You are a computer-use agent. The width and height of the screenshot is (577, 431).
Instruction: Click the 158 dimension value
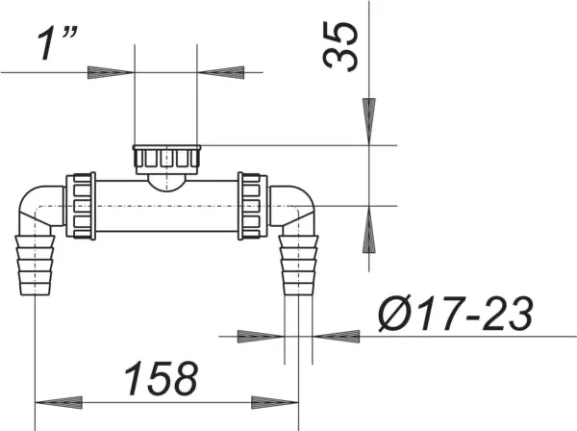162,378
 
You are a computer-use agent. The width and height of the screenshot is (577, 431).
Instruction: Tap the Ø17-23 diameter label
456,315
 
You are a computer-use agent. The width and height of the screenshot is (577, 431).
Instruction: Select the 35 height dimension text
340,46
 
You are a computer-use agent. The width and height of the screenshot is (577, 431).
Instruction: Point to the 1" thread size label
58,43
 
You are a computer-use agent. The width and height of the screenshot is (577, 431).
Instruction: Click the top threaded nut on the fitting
166,160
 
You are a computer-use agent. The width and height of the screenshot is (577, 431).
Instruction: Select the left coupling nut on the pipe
81,206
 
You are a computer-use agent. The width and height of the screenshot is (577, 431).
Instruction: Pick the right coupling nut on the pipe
252,206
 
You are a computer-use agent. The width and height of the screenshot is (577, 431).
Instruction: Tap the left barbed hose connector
35,265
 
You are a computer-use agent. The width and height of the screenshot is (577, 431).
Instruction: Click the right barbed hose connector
298,265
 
